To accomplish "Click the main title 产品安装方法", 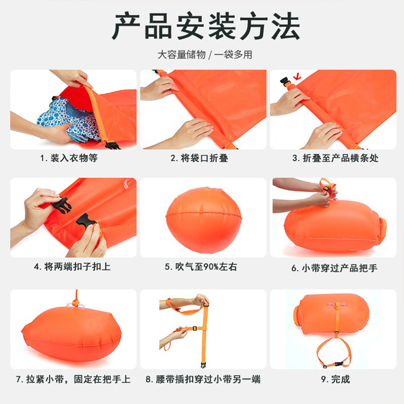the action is click(206, 26).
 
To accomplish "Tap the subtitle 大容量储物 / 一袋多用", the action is click(205, 55).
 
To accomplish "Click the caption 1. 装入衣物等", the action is click(69, 158).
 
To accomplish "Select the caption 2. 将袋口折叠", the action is click(199, 158).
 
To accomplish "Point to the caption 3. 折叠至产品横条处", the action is click(335, 158).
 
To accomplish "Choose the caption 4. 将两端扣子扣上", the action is click(72, 266).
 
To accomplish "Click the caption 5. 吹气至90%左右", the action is click(201, 266).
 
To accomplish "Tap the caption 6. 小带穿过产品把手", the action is click(334, 268).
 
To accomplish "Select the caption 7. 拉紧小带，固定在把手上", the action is click(73, 379).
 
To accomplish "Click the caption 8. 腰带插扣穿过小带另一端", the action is click(203, 379).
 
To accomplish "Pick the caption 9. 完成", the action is click(335, 379).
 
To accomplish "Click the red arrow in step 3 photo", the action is click(298, 76).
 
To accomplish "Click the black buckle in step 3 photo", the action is click(286, 82).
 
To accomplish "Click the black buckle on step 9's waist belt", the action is click(339, 364).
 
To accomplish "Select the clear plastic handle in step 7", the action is click(76, 306).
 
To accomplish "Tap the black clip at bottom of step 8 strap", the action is click(204, 364).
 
